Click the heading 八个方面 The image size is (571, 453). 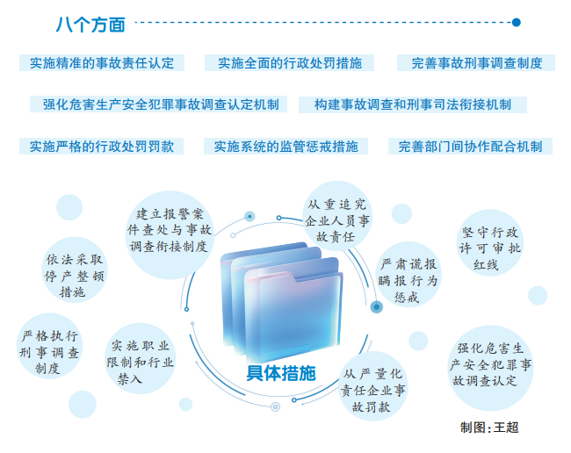90,25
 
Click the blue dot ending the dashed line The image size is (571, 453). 516,23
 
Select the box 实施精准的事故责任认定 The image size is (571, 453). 102,63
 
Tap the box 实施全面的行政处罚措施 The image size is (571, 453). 290,63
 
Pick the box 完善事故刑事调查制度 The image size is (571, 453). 476,63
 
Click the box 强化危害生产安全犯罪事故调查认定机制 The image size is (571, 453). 158,104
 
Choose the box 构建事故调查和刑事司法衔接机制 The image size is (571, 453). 413,104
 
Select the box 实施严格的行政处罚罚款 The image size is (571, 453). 101,147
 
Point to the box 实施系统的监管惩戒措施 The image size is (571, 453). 285,147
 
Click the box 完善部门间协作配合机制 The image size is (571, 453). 470,147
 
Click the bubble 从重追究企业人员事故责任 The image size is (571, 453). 337,216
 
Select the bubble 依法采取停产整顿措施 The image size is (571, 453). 75,270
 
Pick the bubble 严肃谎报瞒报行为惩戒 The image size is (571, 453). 408,275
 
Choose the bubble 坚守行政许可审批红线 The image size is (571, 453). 490,242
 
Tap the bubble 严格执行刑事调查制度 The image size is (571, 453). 49,346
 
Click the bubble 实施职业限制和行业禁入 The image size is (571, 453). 141,358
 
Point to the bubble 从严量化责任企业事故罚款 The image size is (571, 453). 372,386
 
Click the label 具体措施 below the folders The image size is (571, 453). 281,373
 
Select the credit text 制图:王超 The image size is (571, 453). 489,428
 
